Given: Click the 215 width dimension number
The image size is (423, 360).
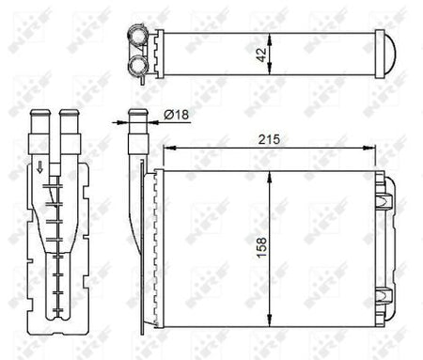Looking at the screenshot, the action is coord(269,139).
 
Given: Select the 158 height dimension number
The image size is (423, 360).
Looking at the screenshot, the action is coord(262,247).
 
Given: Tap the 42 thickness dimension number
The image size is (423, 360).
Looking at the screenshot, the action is coord(261,55).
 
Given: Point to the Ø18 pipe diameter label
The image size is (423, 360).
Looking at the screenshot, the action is coord(177,115).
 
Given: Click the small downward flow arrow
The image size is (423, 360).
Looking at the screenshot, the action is coord(39,167).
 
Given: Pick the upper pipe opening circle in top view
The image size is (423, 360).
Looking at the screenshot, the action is coord(137,37).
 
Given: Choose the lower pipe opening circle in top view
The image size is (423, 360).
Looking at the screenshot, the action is coord(137,65).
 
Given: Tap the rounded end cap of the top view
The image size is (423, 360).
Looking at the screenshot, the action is coord(390,54).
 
